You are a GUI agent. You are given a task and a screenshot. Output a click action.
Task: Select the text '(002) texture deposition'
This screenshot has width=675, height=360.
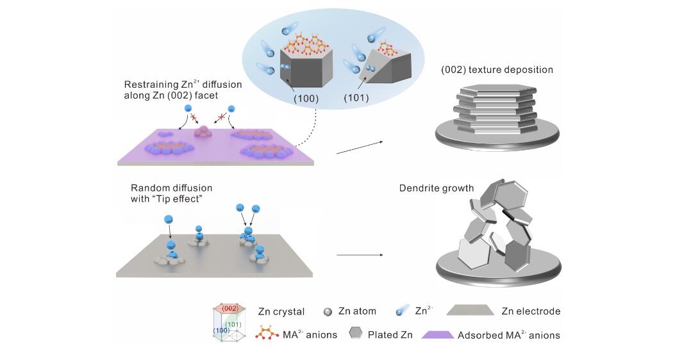coord(497,69)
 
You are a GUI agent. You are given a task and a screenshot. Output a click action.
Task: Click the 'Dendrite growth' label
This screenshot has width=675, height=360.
coord(437,188)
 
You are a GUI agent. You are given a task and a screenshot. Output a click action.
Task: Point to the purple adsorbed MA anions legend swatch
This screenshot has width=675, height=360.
coord(438,334)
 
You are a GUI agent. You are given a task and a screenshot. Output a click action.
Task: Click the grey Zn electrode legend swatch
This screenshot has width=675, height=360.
coord(472,311)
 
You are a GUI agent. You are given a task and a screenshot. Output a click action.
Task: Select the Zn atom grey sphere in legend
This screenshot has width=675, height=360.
coord(328,312)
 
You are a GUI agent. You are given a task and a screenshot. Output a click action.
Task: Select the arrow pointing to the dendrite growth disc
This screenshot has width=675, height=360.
coord(359,255)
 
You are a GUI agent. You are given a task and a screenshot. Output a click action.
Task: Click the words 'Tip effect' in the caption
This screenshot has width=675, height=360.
coord(177,199)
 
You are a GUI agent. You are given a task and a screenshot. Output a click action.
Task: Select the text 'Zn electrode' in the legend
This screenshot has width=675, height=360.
coord(531,311)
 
